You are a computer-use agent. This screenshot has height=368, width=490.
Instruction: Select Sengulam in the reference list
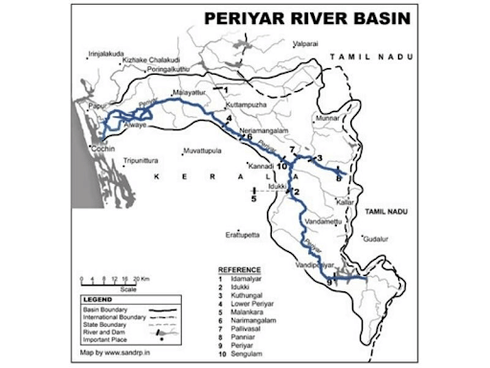[x=255, y=354]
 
